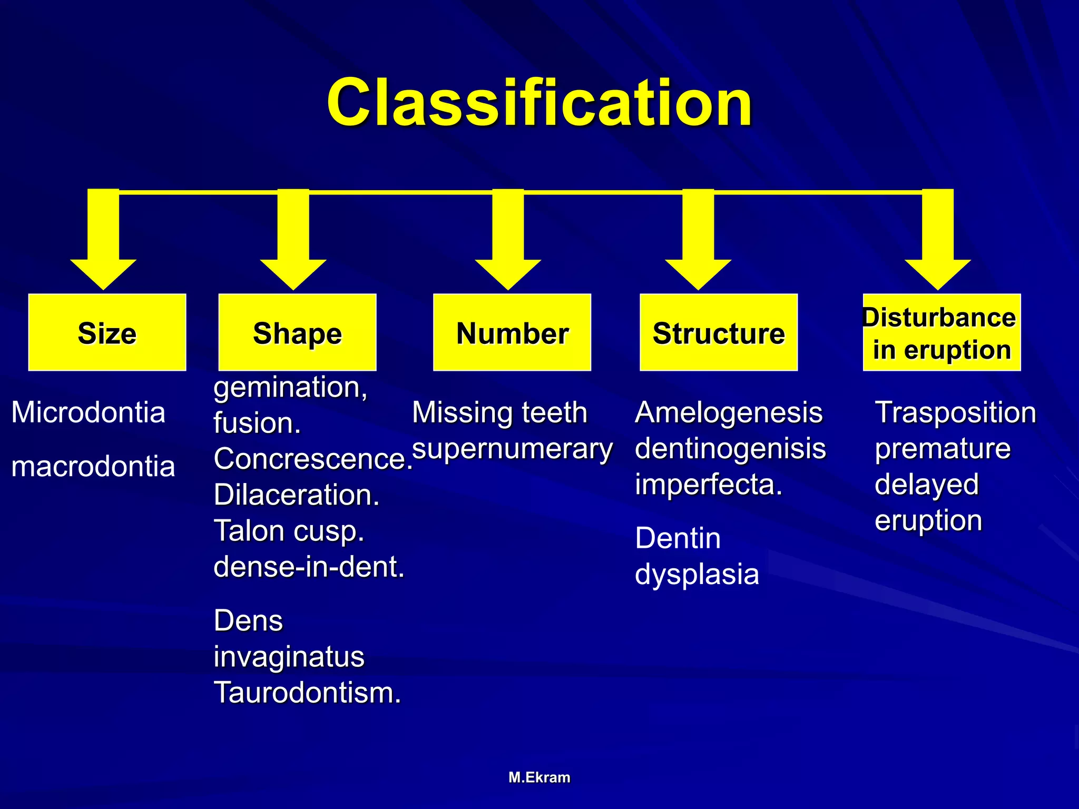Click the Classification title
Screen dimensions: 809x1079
click(539, 102)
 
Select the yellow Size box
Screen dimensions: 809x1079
click(107, 333)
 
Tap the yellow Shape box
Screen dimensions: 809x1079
click(297, 333)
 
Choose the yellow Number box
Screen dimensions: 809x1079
click(512, 333)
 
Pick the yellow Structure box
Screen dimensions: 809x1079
click(719, 333)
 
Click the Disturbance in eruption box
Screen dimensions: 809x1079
click(941, 333)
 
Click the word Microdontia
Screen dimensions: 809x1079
click(88, 412)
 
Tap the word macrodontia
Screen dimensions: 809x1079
click(93, 467)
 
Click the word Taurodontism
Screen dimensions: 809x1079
click(307, 693)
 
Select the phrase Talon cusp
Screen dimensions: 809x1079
click(289, 531)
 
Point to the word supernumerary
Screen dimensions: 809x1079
click(512, 449)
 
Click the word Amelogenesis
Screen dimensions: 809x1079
click(729, 412)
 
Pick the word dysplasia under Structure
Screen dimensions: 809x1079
click(697, 574)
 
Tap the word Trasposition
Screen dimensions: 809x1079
click(955, 412)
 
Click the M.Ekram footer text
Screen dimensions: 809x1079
click(539, 777)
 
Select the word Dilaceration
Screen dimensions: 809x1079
click(296, 495)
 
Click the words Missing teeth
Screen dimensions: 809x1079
click(499, 412)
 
